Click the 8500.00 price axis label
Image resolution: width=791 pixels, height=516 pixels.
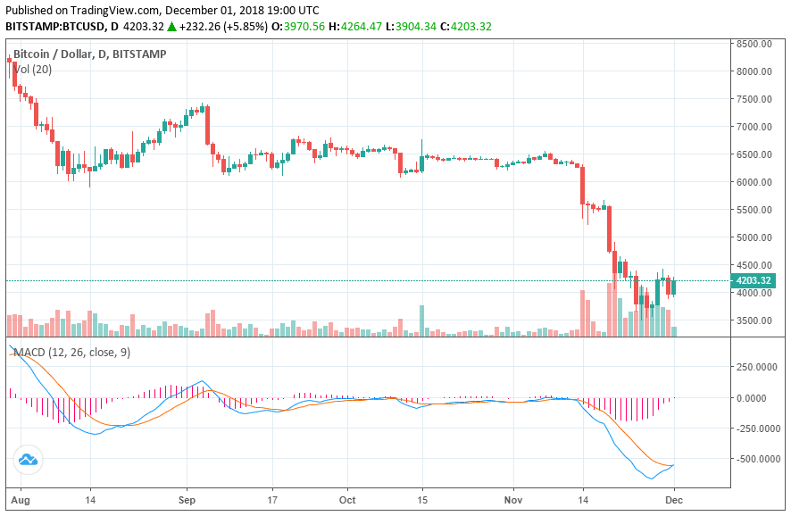coord(754,44)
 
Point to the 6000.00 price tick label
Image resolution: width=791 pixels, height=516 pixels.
coord(754,182)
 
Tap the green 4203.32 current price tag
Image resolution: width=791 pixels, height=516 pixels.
coord(754,281)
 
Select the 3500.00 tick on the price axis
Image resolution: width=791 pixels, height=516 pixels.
coord(754,320)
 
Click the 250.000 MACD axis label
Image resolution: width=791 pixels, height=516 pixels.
coord(754,367)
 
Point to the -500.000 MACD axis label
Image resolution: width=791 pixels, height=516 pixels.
coord(753,459)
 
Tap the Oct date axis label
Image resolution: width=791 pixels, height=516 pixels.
coord(349,501)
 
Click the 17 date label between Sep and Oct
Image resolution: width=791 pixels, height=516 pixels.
coord(275,501)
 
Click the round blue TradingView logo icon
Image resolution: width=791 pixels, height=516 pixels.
coord(27,460)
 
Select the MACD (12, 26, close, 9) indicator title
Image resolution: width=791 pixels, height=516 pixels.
coord(71,353)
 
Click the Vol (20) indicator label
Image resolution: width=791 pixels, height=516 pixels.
coord(32,69)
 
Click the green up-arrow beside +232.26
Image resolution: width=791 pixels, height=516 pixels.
coord(171,27)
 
